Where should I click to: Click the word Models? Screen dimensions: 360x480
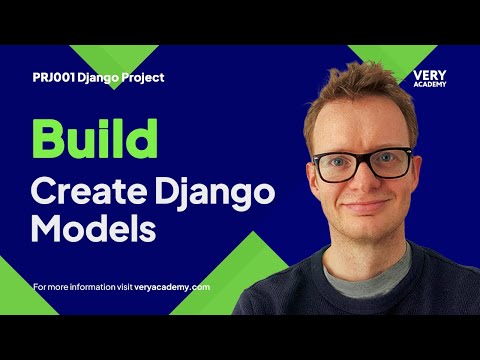pos(94,228)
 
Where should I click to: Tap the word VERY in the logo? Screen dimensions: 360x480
pos(429,74)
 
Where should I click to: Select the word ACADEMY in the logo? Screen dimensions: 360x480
pos(429,84)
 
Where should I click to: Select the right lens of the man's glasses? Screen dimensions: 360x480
pos(391,161)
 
